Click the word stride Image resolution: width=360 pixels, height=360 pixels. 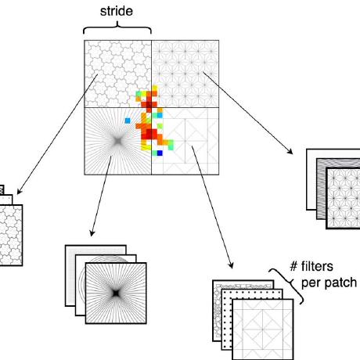click(x=117, y=13)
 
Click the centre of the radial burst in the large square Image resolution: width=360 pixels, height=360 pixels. click(x=114, y=140)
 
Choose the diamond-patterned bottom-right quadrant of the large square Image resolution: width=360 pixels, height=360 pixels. click(x=192, y=145)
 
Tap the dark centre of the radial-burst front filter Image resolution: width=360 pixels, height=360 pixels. click(x=113, y=290)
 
